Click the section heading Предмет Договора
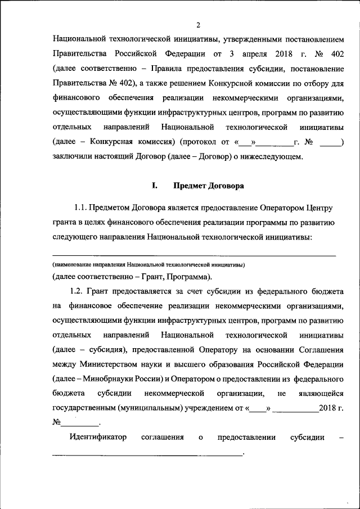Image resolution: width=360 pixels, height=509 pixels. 208,185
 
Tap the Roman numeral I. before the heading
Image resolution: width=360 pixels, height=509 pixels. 154,185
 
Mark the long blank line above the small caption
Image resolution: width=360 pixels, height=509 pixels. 193,255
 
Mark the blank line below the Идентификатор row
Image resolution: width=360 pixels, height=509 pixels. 146,454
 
